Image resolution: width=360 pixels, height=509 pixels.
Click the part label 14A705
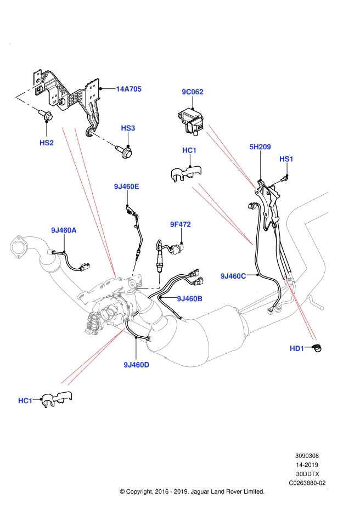(x=128, y=89)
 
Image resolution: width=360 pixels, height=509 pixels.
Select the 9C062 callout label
(x=192, y=92)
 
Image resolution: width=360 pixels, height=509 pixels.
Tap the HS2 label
(x=47, y=143)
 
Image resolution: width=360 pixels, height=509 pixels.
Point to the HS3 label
(x=128, y=128)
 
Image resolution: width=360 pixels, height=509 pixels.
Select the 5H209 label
(x=260, y=147)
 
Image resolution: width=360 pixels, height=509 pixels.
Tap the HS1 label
(x=286, y=159)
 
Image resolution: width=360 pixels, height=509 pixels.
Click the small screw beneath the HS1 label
(x=284, y=178)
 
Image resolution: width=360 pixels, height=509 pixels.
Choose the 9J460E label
(x=126, y=186)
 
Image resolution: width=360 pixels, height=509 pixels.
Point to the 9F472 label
(x=181, y=224)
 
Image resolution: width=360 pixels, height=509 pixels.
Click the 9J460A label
(x=64, y=230)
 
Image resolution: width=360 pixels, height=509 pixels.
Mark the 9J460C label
(x=233, y=276)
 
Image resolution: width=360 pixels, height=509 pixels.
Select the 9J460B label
(x=189, y=298)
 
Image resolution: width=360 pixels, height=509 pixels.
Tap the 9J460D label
(x=137, y=365)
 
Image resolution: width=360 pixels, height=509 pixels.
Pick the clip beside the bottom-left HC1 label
(x=57, y=399)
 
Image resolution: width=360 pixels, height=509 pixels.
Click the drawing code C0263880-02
(x=307, y=483)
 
